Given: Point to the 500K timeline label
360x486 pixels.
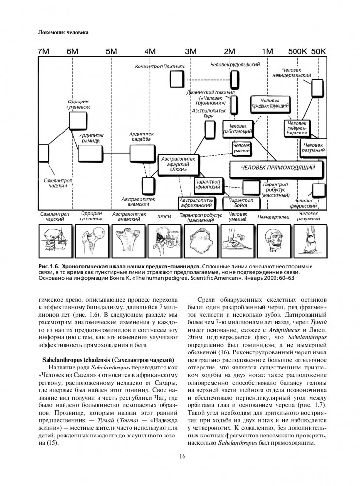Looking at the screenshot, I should (x=297, y=51).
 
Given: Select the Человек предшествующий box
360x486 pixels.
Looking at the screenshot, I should (x=270, y=102).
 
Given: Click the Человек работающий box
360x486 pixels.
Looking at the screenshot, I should (x=238, y=128).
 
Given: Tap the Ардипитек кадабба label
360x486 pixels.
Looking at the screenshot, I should (x=141, y=136).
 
